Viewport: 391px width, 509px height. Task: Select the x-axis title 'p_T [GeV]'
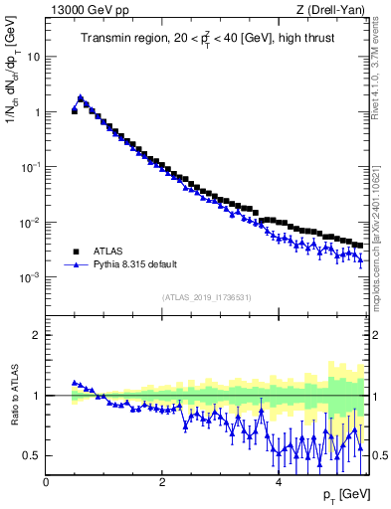(x=344, y=494)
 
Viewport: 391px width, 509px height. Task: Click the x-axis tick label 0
(x=46, y=482)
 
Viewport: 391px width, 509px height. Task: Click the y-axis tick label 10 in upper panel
(x=30, y=57)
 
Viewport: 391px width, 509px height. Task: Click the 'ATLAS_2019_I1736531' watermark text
(x=205, y=297)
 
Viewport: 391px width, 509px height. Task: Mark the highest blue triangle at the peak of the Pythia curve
(x=81, y=97)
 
